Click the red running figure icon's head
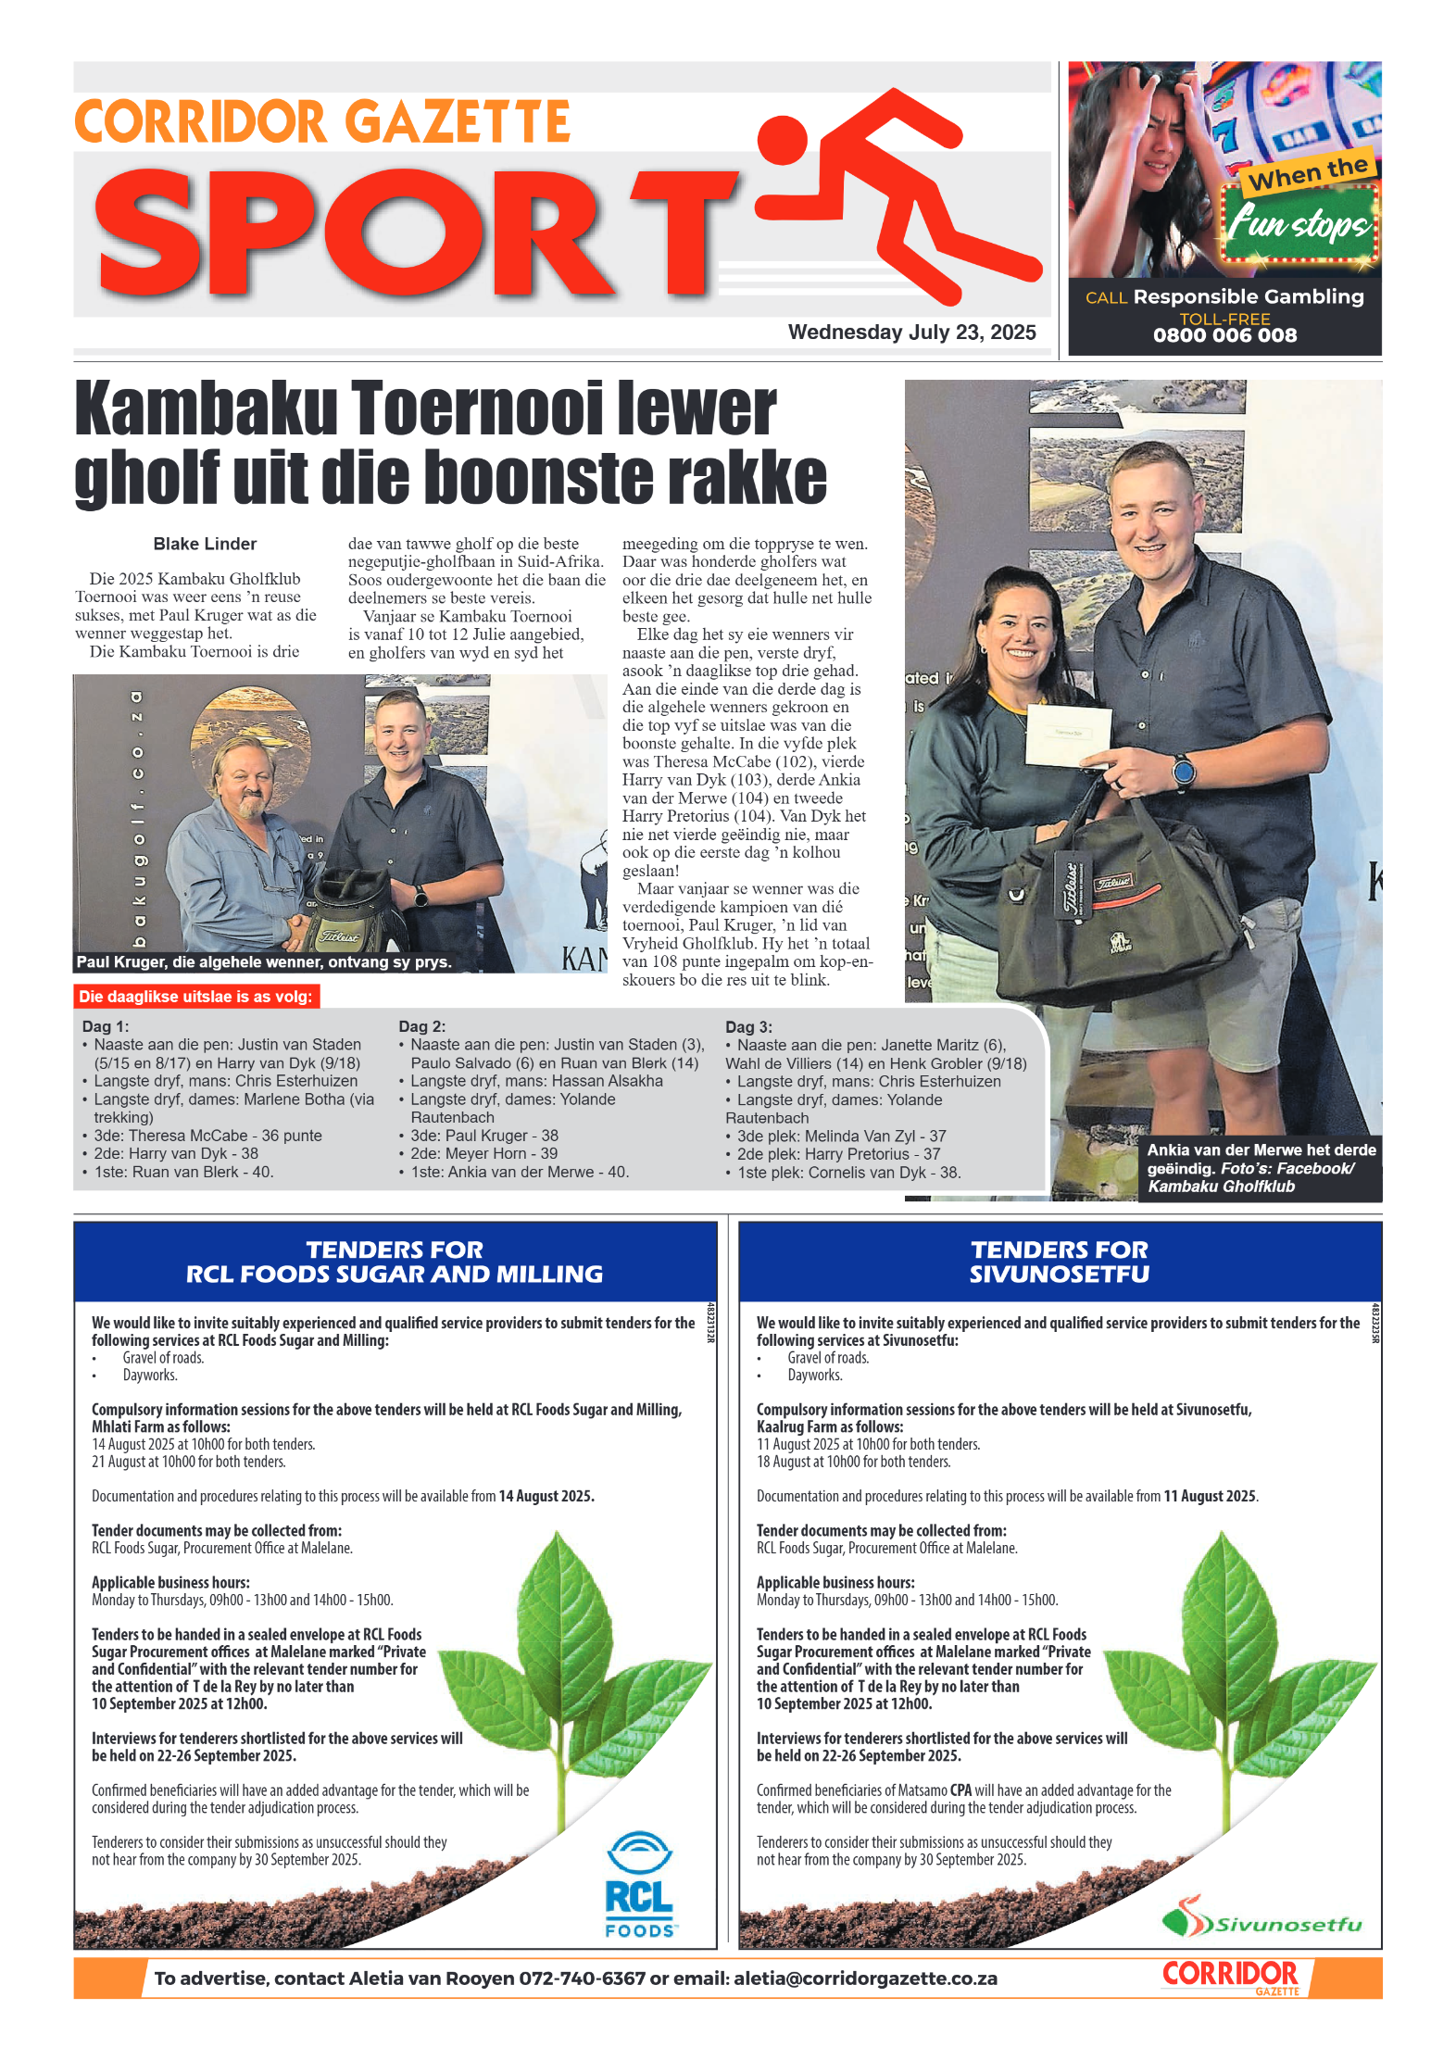(783, 139)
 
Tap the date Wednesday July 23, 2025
(911, 333)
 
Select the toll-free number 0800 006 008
(1224, 335)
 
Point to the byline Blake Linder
(205, 544)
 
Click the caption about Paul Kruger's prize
(264, 962)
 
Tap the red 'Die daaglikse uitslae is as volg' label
(195, 997)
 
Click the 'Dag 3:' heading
(748, 1026)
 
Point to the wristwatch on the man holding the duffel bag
(1183, 771)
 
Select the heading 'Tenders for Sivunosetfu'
(1059, 1262)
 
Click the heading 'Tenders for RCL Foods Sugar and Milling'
(395, 1262)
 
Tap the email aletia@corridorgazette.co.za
(865, 1978)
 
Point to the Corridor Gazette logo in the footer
(1231, 1977)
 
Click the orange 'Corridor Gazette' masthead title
(322, 122)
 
